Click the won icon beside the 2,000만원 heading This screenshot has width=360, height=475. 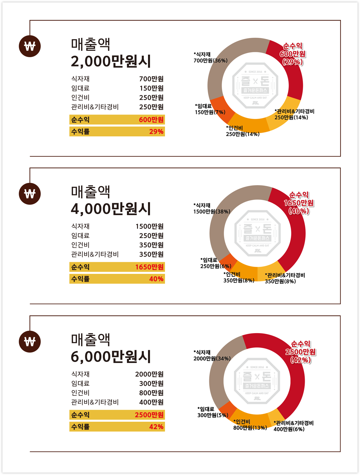[30, 46]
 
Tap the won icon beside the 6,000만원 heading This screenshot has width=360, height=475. [30, 342]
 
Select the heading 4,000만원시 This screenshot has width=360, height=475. [111, 209]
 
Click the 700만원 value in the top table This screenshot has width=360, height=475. [151, 79]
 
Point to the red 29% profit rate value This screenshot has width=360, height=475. [156, 131]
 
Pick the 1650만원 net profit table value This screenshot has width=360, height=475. [149, 267]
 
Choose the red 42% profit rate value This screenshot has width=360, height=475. [156, 427]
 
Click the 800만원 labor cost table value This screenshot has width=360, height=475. [151, 393]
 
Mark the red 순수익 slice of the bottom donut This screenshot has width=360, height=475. [292, 383]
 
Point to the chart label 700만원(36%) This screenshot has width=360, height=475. [210, 61]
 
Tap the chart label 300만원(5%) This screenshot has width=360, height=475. [213, 415]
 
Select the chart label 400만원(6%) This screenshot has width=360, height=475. [289, 429]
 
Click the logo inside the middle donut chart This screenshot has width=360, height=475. [258, 233]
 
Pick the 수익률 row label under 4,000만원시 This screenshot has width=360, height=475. [80, 279]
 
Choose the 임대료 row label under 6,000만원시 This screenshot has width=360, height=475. [80, 383]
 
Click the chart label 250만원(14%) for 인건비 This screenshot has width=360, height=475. [243, 134]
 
